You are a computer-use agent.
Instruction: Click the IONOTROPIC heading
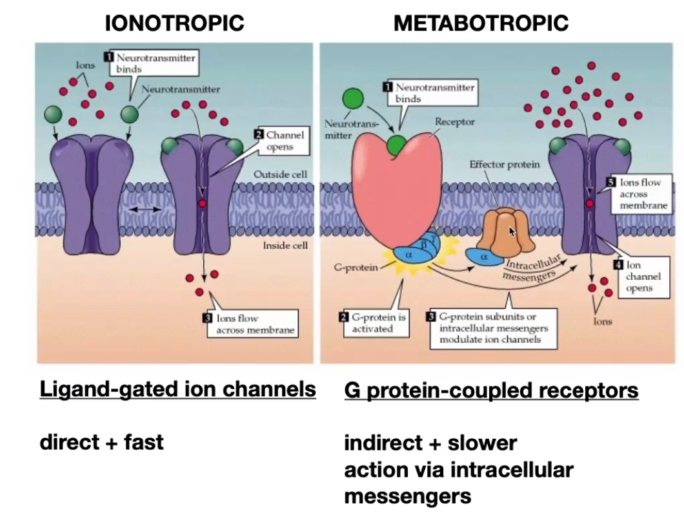[x=174, y=23]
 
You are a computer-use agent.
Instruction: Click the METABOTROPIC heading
[x=481, y=23]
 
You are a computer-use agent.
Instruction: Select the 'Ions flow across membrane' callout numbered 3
[x=250, y=324]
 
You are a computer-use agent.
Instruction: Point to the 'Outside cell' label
[x=280, y=174]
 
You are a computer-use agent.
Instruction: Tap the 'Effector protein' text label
[x=504, y=164]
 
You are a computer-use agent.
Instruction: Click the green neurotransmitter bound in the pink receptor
[x=396, y=146]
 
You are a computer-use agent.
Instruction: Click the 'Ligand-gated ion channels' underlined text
[x=177, y=389]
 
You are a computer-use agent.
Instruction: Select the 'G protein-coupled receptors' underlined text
[x=491, y=390]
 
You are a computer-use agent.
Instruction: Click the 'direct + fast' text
[x=101, y=443]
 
